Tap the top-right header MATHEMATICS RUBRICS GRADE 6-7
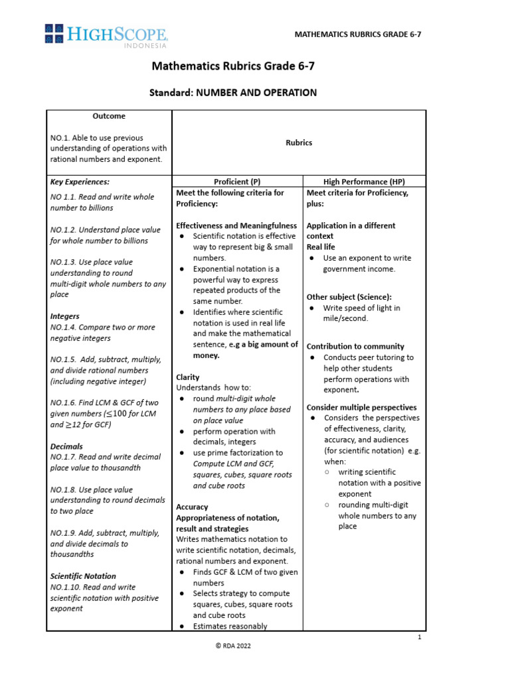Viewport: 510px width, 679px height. [x=358, y=34]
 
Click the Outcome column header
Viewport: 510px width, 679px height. [x=109, y=116]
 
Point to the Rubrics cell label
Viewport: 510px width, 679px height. [x=299, y=143]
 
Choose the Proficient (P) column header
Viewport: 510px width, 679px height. [x=237, y=182]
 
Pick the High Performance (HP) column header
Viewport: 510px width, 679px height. [x=364, y=182]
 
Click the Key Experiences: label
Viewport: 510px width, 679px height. [x=80, y=181]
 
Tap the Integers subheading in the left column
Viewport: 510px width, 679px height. [x=65, y=317]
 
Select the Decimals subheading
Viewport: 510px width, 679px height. [x=66, y=447]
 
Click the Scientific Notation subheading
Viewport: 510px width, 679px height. [x=83, y=576]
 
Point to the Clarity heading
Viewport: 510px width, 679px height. [x=187, y=377]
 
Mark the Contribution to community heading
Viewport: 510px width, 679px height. [x=355, y=346]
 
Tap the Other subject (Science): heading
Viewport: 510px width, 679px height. [x=349, y=296]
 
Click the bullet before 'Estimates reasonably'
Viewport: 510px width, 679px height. [x=183, y=626]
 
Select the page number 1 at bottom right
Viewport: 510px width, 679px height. [x=420, y=637]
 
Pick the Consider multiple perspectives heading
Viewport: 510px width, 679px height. [x=361, y=407]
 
